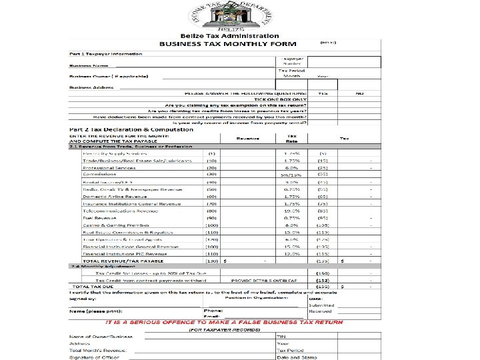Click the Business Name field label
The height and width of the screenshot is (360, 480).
coord(89,66)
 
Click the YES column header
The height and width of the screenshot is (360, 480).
coord(322,94)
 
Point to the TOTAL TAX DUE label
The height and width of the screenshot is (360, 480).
coord(95,287)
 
